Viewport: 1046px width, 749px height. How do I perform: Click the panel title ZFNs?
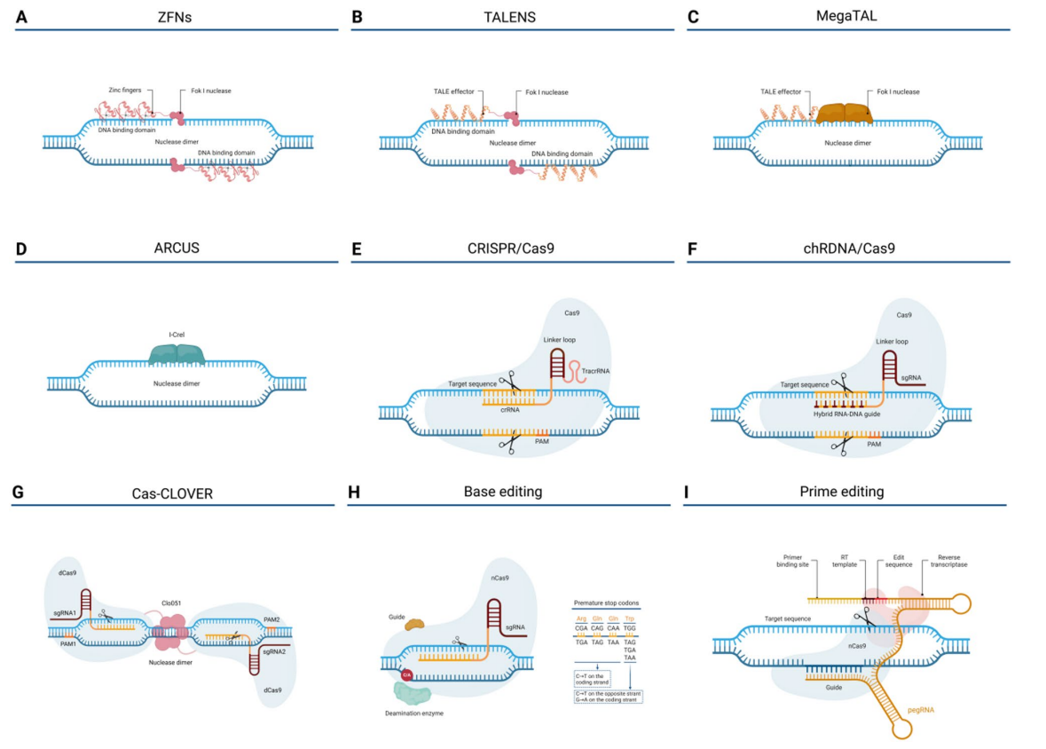176,16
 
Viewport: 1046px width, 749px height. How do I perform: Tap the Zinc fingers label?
124,91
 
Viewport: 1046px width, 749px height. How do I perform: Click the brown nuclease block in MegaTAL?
844,113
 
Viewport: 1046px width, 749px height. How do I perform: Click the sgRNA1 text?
63,613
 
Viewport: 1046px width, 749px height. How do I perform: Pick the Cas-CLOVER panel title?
176,493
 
